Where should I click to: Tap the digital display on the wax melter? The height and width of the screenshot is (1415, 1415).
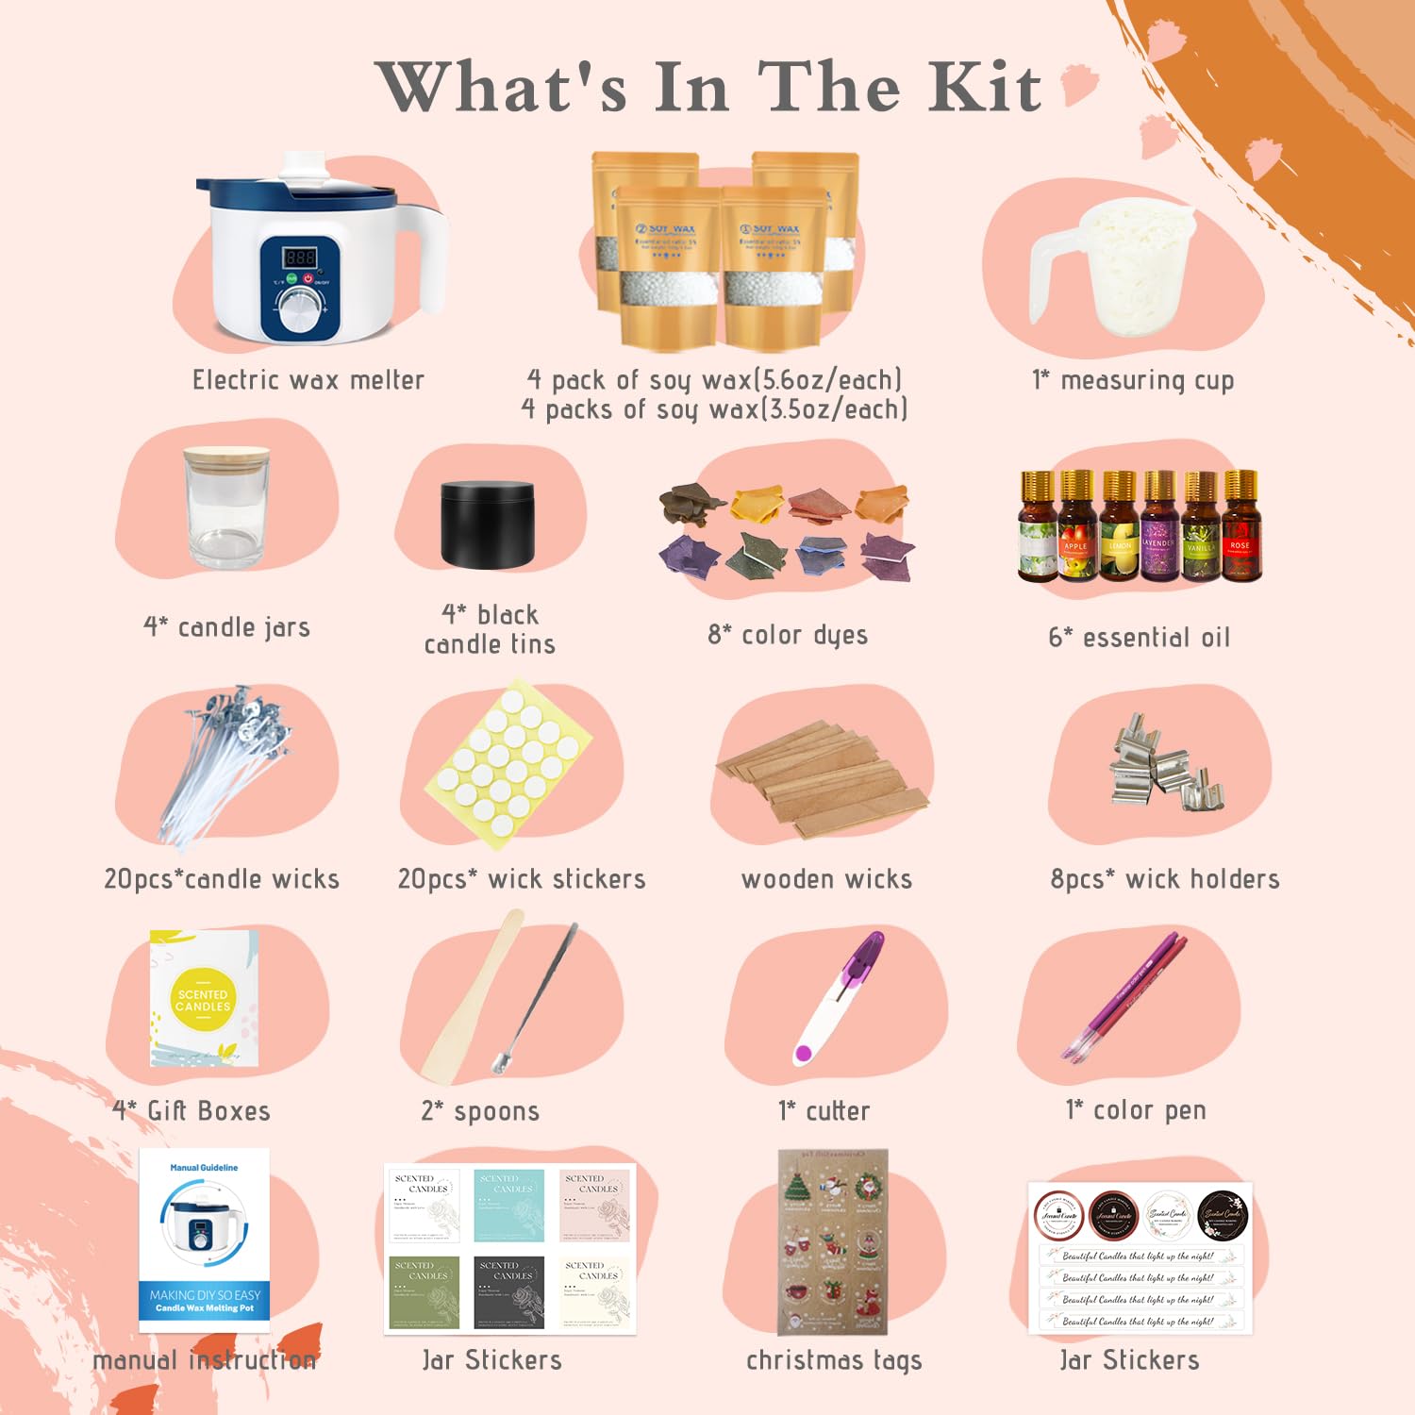pos(299,257)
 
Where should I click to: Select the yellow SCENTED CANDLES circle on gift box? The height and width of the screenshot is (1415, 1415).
pos(203,1000)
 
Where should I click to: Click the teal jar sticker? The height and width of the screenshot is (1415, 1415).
pos(508,1205)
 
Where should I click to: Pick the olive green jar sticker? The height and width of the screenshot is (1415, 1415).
pos(424,1291)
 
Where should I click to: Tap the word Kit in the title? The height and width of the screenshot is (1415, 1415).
pos(985,88)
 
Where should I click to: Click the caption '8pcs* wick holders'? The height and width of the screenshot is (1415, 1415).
pos(1164,879)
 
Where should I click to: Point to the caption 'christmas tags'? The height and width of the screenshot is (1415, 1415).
pos(834,1360)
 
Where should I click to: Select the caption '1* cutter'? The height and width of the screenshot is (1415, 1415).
pos(824,1111)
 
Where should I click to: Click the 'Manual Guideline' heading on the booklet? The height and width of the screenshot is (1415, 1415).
pos(204,1168)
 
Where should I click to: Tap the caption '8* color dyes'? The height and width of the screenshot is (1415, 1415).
pos(788,635)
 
